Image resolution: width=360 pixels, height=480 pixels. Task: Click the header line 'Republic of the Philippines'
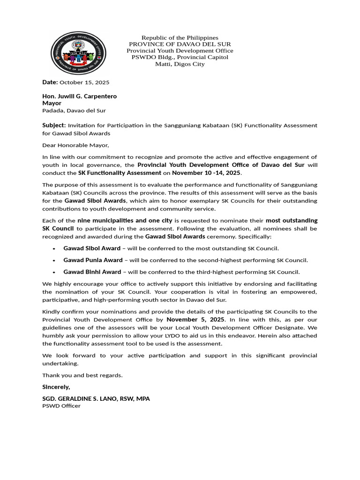[180, 37]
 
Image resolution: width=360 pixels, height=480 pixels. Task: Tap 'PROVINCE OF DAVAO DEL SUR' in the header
[180, 44]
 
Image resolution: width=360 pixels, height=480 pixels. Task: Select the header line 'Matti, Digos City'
[180, 64]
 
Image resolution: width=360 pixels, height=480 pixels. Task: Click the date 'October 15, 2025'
[84, 82]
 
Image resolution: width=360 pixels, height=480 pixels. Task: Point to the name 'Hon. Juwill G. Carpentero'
[79, 96]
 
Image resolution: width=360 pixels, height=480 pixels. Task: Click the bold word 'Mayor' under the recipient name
[52, 103]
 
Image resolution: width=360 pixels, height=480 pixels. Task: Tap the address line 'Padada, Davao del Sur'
[74, 111]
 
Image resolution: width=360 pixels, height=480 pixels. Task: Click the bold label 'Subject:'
[54, 125]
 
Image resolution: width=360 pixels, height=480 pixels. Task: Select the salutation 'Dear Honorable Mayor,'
[75, 145]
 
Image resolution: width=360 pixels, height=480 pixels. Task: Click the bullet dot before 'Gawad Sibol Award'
[54, 248]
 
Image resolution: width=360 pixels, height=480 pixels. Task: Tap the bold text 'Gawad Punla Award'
[93, 260]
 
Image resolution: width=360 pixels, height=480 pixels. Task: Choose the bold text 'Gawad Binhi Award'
[92, 271]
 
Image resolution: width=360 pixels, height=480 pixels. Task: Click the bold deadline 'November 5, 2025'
[195, 319]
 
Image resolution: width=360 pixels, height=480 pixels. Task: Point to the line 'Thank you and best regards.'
[82, 375]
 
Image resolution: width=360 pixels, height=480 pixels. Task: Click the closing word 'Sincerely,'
[56, 387]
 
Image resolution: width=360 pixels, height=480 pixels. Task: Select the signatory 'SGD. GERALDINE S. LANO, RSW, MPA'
[96, 398]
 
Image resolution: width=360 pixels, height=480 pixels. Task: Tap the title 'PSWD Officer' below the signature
[61, 406]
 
